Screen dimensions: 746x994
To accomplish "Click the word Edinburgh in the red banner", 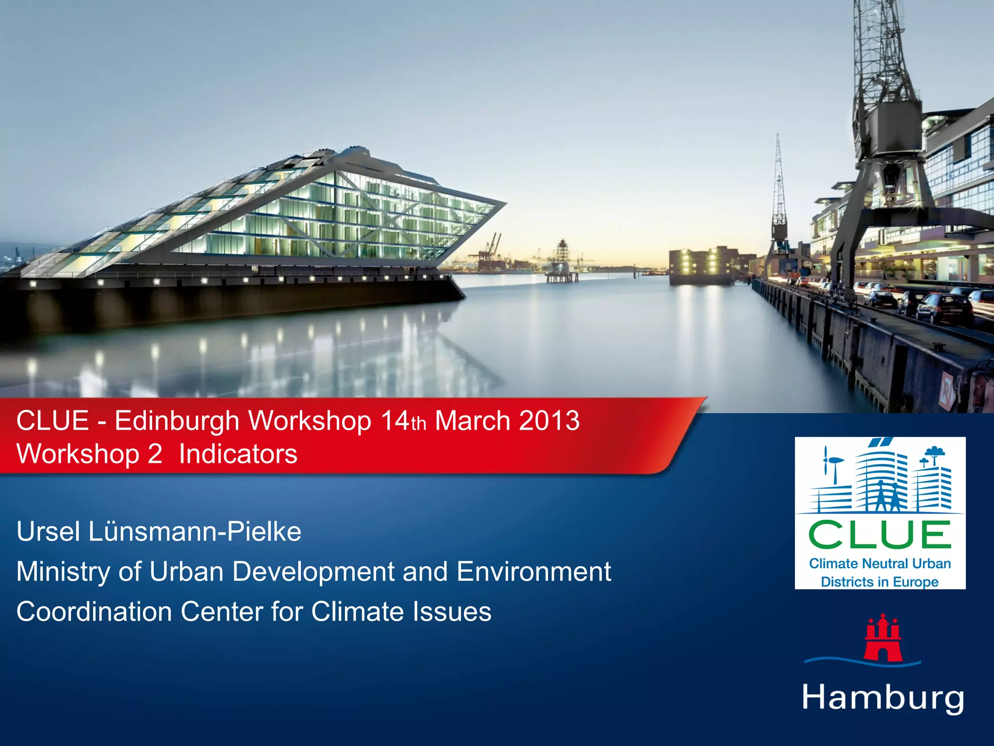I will coord(177,421).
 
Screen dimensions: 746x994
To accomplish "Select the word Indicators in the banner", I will coord(238,455).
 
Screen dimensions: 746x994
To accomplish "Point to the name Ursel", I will coord(48,532).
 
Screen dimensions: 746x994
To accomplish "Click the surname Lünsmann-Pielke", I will coord(195,532).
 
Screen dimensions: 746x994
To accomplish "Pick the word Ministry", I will coord(63,572).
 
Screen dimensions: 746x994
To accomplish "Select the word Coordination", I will coord(94,611).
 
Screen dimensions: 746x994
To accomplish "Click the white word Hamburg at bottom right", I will coord(883,698).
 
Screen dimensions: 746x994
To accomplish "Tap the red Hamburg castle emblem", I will coord(883,638).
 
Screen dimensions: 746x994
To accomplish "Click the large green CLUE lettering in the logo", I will coord(880,535).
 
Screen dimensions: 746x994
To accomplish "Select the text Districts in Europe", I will coord(879,582).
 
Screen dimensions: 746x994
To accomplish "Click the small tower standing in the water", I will coord(562,260).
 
